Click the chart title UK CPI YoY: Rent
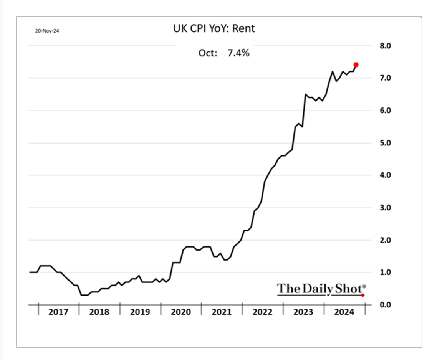click(214, 29)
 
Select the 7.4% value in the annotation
click(238, 53)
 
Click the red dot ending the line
click(356, 64)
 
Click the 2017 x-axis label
click(58, 312)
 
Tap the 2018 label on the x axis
click(99, 312)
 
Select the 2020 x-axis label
click(181, 312)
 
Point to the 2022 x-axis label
click(262, 312)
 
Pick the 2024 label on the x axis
click(344, 312)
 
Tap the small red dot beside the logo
click(363, 295)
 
